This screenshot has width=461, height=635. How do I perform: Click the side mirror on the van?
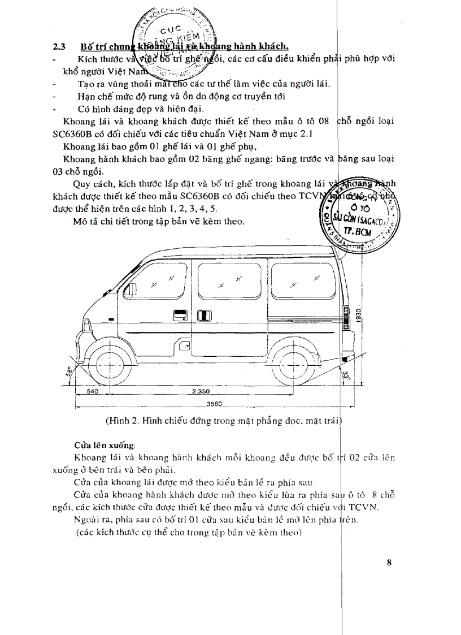(131, 289)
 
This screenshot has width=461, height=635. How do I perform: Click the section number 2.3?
(58, 46)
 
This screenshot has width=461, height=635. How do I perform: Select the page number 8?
(389, 562)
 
